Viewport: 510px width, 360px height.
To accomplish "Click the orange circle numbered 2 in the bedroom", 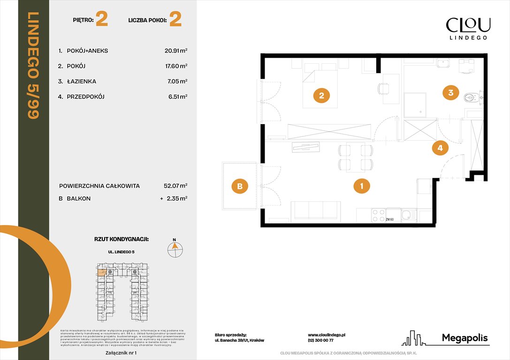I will [x=321, y=96].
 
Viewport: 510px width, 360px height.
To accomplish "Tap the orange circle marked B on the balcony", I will [x=240, y=187].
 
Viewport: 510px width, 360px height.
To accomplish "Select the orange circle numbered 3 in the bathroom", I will [x=450, y=93].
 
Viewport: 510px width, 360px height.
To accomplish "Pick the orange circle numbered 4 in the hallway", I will [x=440, y=149].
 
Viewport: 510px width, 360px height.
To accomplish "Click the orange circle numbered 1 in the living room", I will [x=361, y=187].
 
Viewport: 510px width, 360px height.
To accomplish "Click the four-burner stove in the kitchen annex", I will [x=378, y=215].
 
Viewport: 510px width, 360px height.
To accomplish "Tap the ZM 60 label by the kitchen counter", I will [x=389, y=219].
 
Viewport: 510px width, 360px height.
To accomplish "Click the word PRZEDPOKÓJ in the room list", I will [x=86, y=97].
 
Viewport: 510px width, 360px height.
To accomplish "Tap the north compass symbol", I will [x=175, y=248].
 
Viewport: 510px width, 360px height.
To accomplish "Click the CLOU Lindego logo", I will [x=468, y=28].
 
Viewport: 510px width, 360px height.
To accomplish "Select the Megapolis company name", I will [x=464, y=338].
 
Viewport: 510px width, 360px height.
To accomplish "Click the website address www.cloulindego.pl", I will [x=327, y=335].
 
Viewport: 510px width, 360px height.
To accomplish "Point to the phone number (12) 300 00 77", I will [x=320, y=341].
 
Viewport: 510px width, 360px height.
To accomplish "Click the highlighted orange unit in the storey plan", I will [x=101, y=271].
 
